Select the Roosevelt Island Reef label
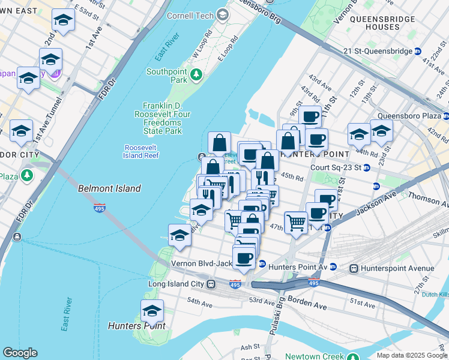[142, 151]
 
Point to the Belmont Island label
[109, 188]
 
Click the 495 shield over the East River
[100, 208]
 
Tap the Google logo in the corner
[20, 353]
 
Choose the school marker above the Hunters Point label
[152, 311]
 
